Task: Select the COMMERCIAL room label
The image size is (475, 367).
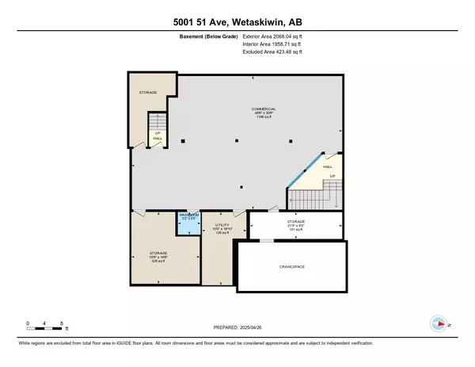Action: (245, 110)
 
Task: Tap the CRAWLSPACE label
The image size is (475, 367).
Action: (291, 267)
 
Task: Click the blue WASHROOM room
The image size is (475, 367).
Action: (189, 225)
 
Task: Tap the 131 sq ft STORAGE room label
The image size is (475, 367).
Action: (296, 224)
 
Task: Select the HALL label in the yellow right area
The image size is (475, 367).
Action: (328, 167)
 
